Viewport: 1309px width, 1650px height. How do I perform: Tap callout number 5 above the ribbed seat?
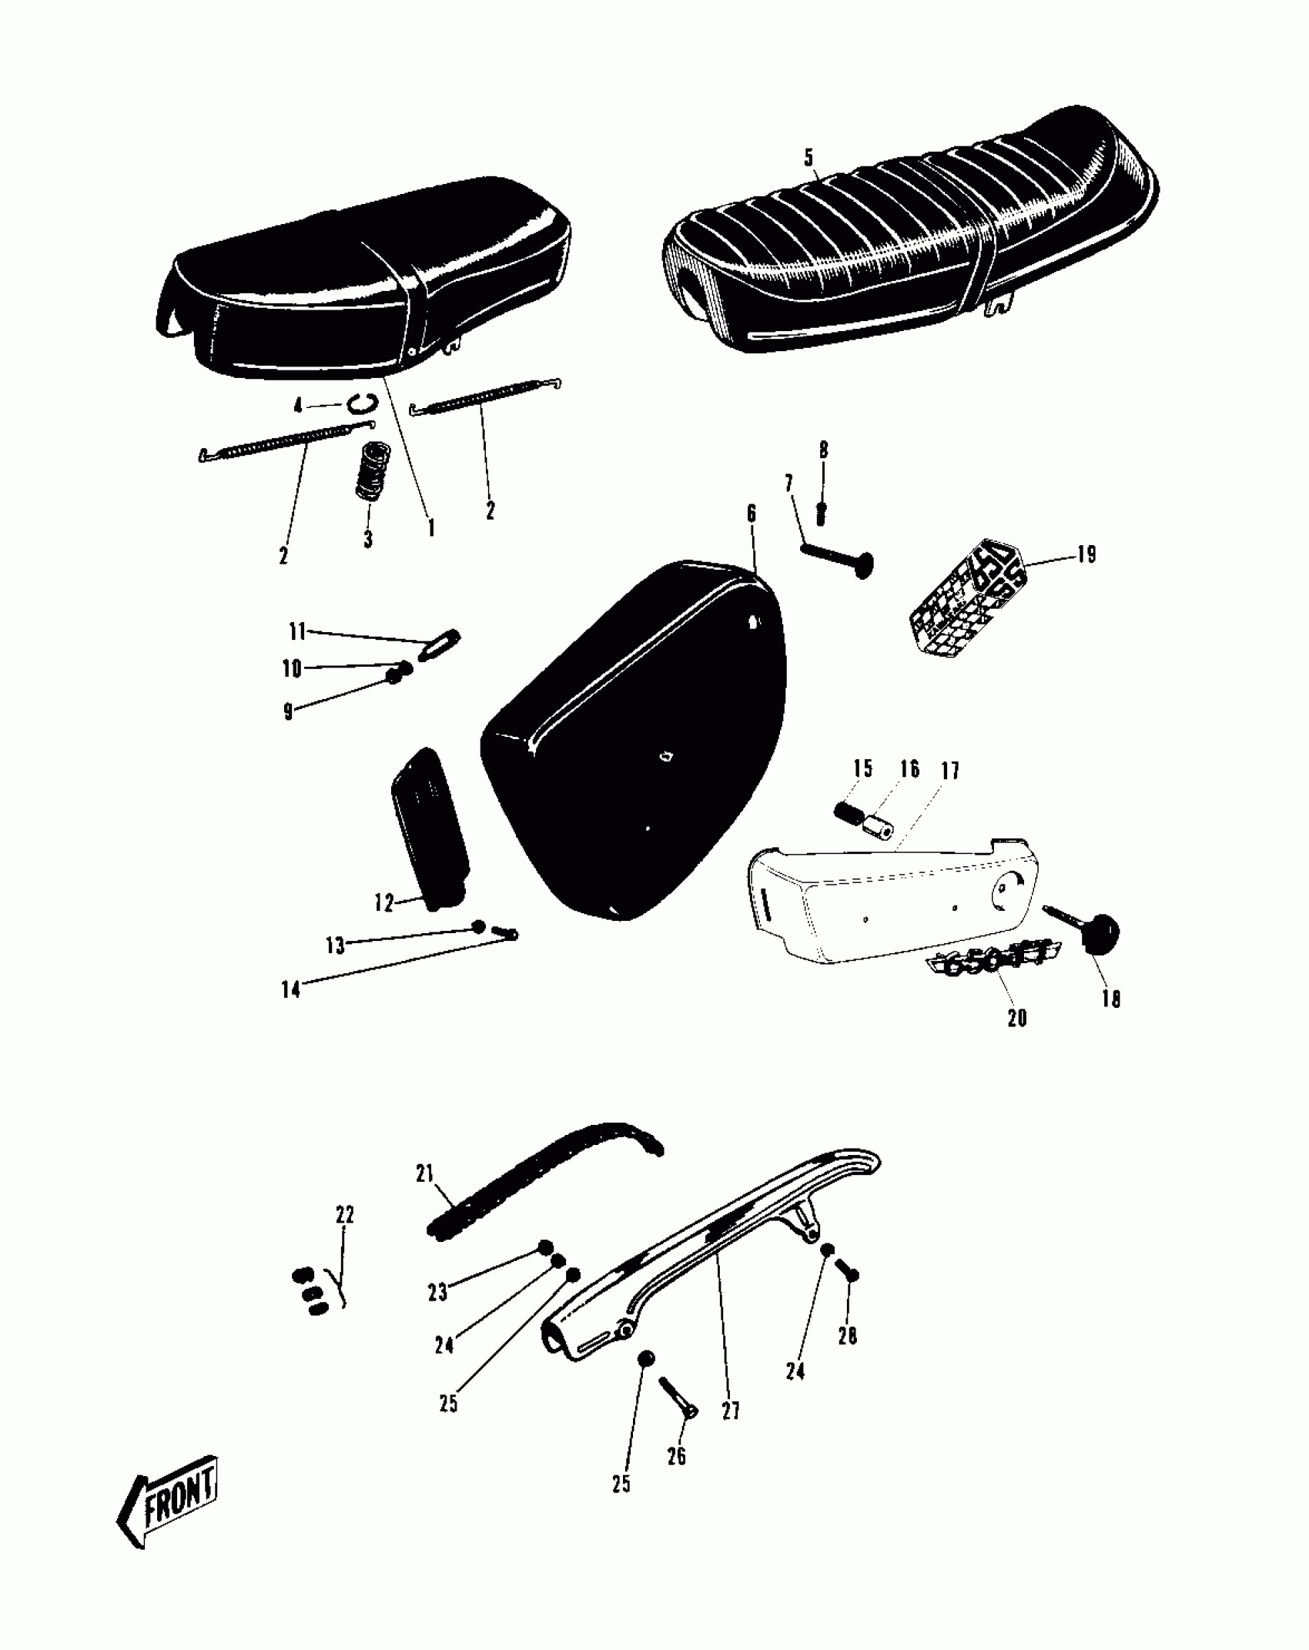pos(808,158)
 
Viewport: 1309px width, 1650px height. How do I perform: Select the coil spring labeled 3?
pos(373,470)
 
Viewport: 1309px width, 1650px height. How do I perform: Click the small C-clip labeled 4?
pos(361,402)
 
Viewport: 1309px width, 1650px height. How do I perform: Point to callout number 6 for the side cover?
pos(752,514)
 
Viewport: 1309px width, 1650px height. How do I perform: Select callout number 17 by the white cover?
pos(950,771)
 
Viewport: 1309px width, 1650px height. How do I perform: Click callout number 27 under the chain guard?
pos(730,1411)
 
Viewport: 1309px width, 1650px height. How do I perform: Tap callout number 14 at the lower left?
pos(290,989)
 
